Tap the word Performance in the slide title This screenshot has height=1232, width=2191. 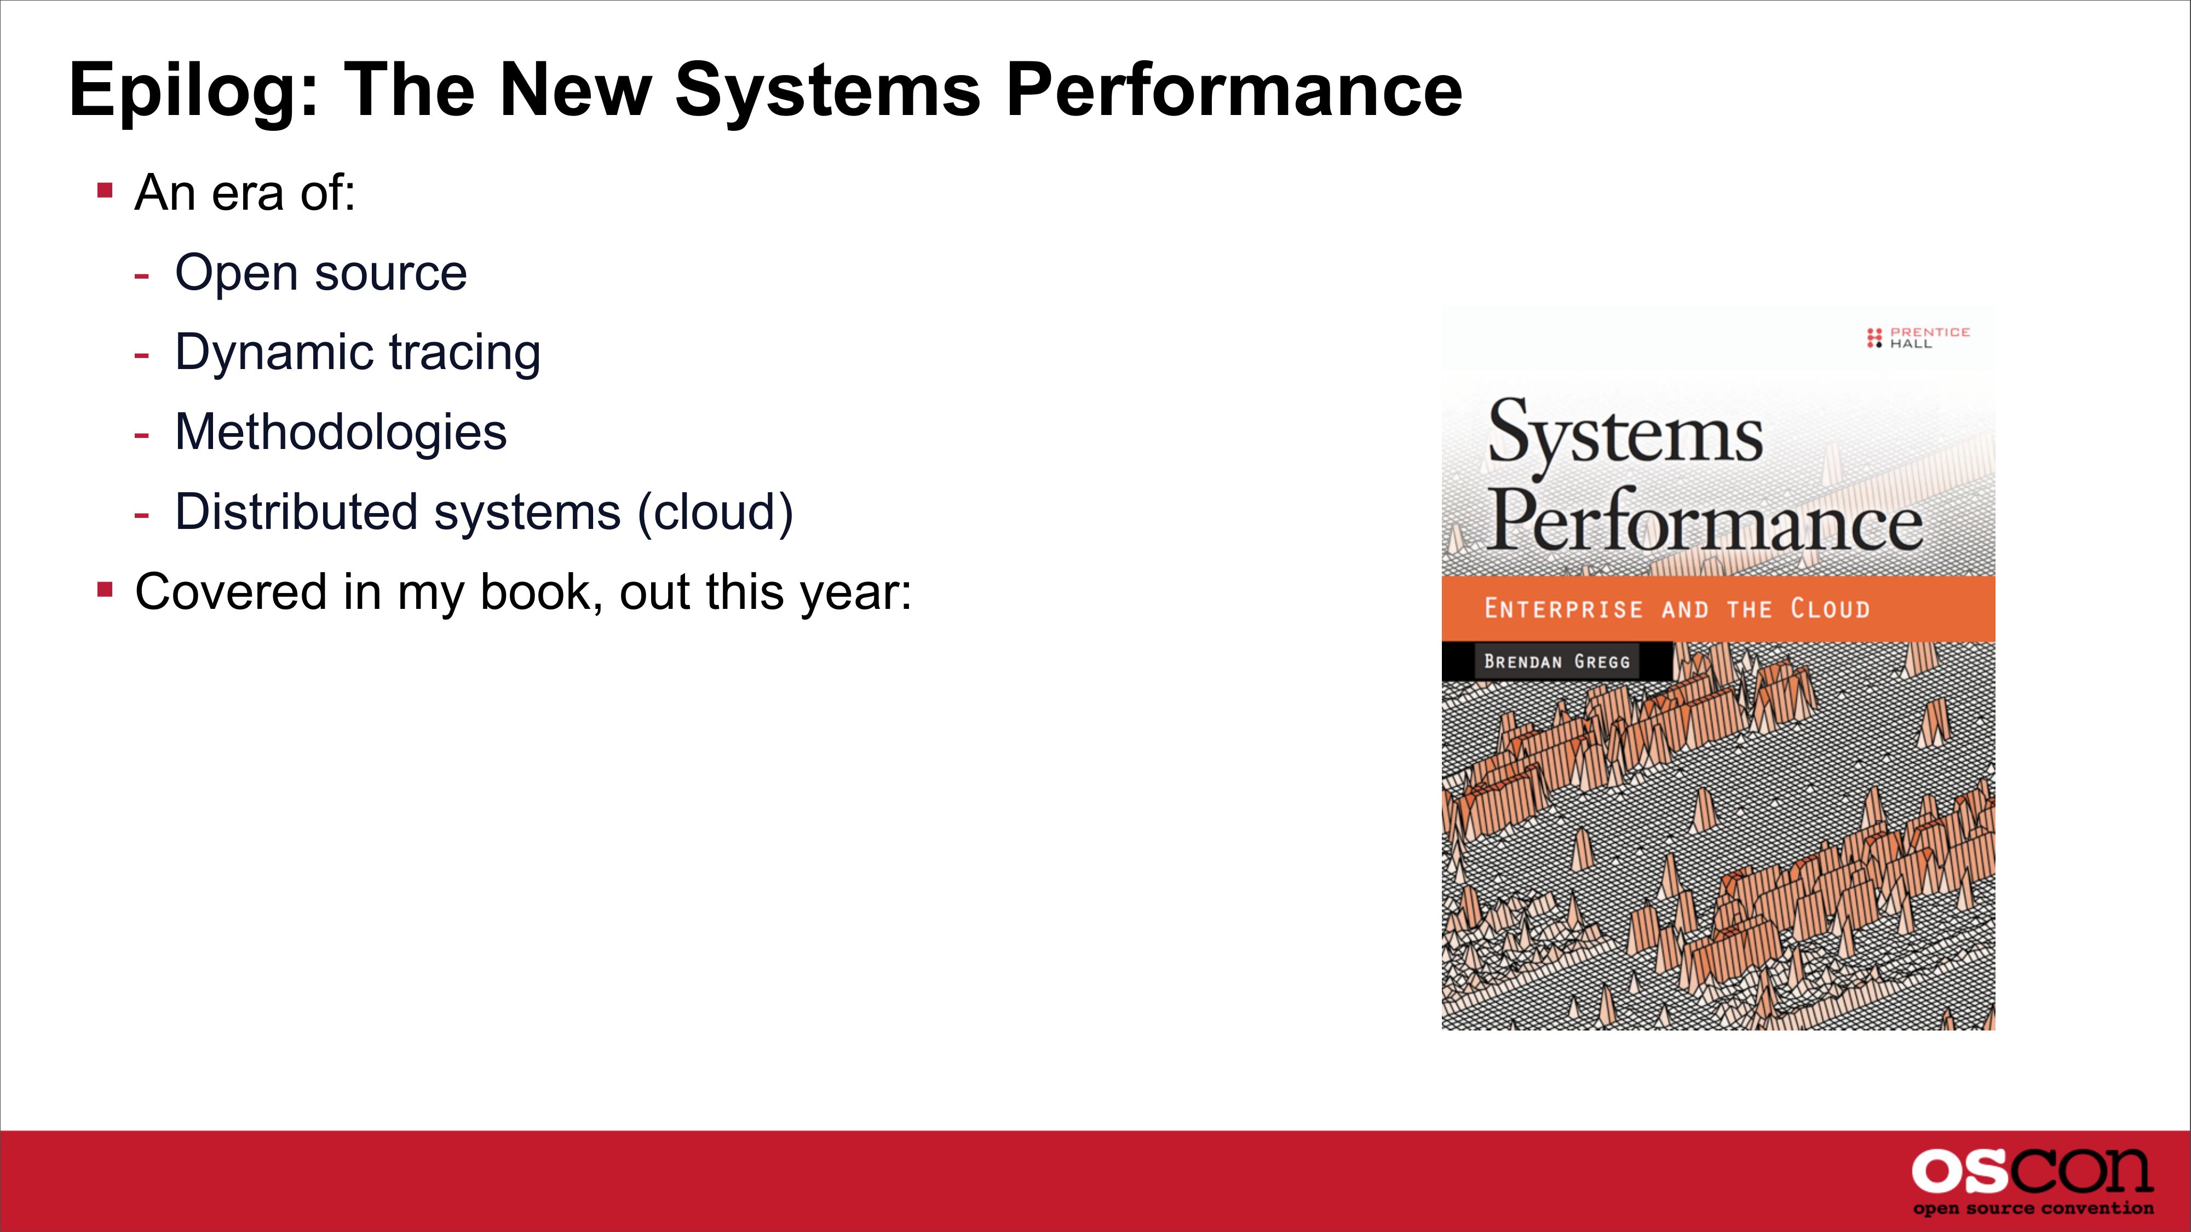click(x=1233, y=90)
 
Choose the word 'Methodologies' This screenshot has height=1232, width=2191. click(x=340, y=433)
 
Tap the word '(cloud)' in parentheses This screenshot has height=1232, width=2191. click(x=715, y=513)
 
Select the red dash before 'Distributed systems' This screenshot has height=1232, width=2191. click(x=141, y=514)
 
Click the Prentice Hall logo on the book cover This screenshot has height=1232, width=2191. click(x=1918, y=337)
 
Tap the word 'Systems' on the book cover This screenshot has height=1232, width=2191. click(x=1625, y=434)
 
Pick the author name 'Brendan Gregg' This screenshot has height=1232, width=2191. click(x=1556, y=661)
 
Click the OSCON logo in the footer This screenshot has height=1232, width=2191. click(x=2033, y=1173)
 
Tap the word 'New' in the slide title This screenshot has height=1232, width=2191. click(x=577, y=90)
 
